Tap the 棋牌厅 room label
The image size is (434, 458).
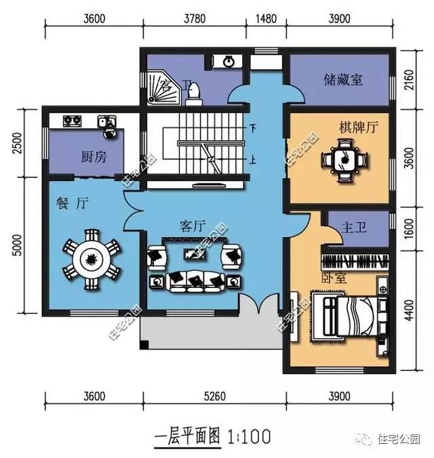[358, 127]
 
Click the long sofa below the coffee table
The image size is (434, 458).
[195, 280]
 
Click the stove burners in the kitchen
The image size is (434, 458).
[73, 121]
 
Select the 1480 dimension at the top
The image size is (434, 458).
[267, 18]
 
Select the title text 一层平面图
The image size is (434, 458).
[189, 434]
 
